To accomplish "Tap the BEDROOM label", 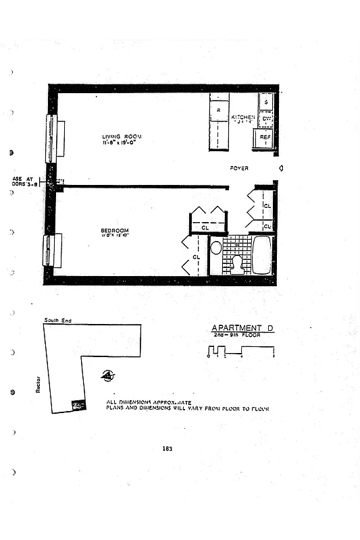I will pyautogui.click(x=114, y=231).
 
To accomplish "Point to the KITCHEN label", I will pyautogui.click(x=242, y=117).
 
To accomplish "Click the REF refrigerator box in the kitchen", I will pyautogui.click(x=265, y=137).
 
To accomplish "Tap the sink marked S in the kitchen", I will pyautogui.click(x=266, y=101).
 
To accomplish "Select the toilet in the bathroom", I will pyautogui.click(x=236, y=263).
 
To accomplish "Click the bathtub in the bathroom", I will pyautogui.click(x=261, y=254).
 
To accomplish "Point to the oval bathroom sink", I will pyautogui.click(x=216, y=248).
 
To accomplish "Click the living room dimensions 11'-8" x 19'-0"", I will pyautogui.click(x=122, y=143).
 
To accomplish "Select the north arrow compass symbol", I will pyautogui.click(x=107, y=376).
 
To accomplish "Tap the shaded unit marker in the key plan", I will pyautogui.click(x=78, y=404).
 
